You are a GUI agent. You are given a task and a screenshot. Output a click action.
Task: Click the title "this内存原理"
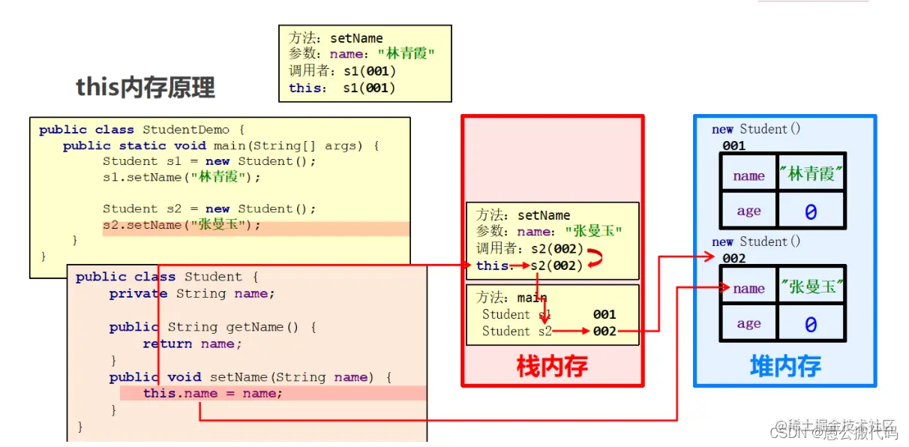coord(145,88)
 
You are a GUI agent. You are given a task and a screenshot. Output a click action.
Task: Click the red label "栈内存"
coord(552,366)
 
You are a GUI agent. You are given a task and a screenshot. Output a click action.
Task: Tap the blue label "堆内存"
coord(785,366)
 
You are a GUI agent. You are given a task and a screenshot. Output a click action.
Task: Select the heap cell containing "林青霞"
coord(811,175)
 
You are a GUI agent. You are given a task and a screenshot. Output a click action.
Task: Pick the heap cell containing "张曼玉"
coord(811,287)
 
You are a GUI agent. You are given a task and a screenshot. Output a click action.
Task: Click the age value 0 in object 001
coord(811,212)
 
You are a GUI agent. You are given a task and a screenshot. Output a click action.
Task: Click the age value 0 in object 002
coord(811,325)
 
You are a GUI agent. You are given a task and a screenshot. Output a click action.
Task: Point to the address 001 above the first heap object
coord(733,145)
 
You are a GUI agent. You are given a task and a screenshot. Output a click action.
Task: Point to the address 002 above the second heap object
coord(733,258)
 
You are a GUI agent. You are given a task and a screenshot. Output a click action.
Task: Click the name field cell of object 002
coord(748,289)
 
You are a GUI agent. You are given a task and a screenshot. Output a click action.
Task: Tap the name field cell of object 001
coord(748,176)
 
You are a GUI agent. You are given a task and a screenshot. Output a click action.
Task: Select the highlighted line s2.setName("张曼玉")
coord(181,225)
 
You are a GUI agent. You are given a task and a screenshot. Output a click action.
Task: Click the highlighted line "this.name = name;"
coord(213,393)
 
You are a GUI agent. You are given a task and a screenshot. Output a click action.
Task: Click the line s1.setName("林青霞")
coord(181,178)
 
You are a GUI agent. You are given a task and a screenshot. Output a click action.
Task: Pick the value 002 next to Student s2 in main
coord(604,331)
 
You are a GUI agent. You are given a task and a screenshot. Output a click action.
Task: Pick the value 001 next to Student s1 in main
coord(604,314)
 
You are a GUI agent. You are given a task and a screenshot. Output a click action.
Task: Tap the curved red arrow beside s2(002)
coord(596,259)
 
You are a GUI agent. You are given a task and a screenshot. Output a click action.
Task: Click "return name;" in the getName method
coord(193,343)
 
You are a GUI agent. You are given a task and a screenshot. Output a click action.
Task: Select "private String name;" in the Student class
coord(192,294)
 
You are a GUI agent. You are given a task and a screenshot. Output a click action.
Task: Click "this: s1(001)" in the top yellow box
coord(342,88)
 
